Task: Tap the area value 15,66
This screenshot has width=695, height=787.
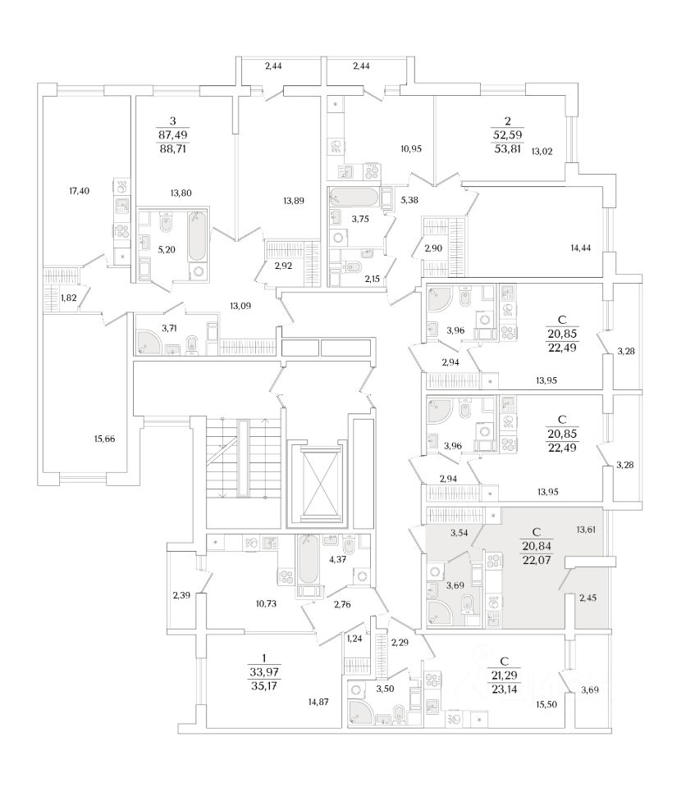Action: tap(104, 439)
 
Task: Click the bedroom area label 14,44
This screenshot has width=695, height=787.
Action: tap(581, 247)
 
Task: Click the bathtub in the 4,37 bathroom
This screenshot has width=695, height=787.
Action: tap(307, 562)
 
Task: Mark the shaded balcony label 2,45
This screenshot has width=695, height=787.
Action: tap(587, 598)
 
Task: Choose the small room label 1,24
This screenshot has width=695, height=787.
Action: tap(354, 638)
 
